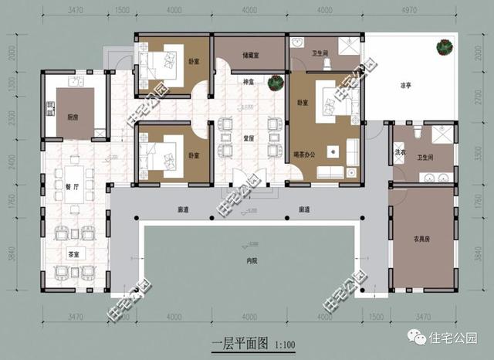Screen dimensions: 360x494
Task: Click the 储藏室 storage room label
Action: (x=250, y=55)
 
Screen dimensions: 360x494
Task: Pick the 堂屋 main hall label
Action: (x=249, y=138)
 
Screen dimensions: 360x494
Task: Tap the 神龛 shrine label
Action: (x=249, y=81)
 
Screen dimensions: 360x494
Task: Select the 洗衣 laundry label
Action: (x=401, y=153)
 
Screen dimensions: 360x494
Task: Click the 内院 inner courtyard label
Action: (x=249, y=261)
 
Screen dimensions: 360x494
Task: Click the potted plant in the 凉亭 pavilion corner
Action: (x=444, y=48)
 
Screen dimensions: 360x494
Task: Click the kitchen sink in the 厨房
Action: (x=74, y=81)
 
